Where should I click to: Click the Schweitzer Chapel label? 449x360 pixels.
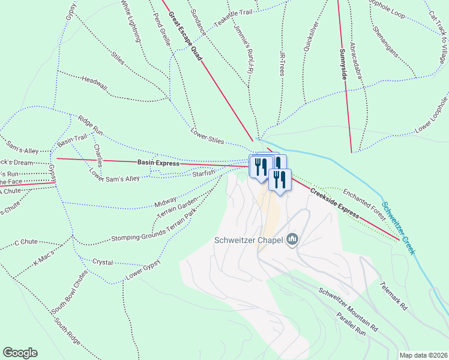point(249,241)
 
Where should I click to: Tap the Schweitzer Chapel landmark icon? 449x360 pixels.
point(292,240)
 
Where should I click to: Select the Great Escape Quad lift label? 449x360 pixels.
point(185,35)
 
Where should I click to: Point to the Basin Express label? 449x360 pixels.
point(158,163)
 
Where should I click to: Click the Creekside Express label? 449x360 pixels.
point(334,203)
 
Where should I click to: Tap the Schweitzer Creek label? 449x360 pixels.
point(399,227)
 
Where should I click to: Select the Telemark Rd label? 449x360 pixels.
point(393,296)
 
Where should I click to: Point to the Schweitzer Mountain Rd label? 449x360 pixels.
point(348,310)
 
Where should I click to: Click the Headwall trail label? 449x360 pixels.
point(94,83)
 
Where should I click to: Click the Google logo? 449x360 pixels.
point(20,353)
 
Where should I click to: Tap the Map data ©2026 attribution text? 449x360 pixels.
point(423,355)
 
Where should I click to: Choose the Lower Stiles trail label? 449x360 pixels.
point(207,136)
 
